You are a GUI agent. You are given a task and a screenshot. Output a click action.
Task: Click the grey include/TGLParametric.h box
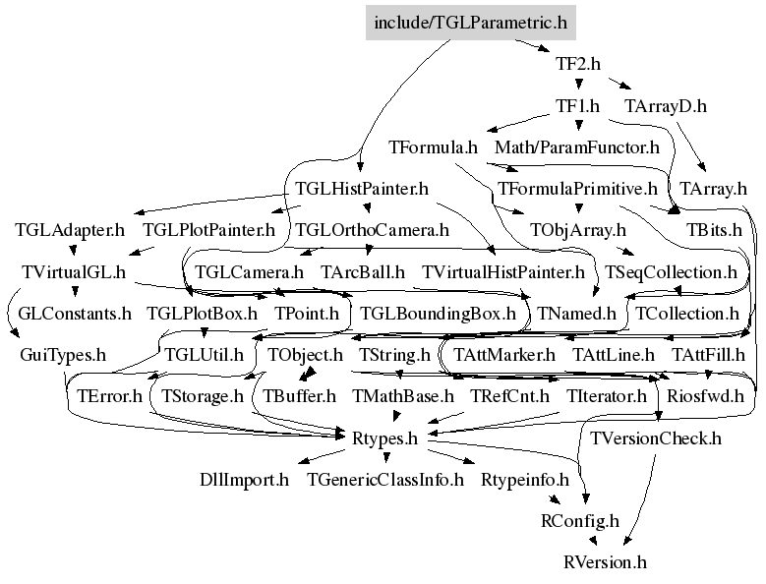coord(471,23)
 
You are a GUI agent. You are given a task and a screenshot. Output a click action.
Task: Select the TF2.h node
coord(578,64)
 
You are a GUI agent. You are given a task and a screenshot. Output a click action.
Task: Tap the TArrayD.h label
coord(666,106)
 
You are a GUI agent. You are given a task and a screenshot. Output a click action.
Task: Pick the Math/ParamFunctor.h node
coord(577,147)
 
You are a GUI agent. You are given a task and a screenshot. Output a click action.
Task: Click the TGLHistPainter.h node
coord(362,189)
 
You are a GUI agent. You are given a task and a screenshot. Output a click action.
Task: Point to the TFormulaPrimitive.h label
coord(577,189)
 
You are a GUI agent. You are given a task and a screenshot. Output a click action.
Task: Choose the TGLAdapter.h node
coord(70,230)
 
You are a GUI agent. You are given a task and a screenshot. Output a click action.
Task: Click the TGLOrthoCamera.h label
coord(373,230)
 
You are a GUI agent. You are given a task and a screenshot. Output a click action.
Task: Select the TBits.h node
coord(714,230)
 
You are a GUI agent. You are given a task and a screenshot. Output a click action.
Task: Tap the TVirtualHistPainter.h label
coord(502,272)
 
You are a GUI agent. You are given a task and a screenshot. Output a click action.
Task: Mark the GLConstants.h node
coord(75,314)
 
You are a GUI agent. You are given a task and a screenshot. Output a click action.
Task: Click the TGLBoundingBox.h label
coord(438,314)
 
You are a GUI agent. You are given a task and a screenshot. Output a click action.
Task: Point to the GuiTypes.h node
coord(63,355)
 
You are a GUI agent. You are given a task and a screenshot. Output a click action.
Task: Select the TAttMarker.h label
coord(504,355)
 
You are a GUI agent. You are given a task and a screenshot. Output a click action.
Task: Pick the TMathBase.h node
coord(402,396)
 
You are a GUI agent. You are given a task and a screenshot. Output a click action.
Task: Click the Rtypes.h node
coord(384,438)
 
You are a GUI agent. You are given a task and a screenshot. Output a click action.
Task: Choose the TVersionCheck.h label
coord(656,438)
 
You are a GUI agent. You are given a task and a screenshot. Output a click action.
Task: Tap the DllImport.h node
coord(244,480)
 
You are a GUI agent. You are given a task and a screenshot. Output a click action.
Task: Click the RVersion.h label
coord(605,562)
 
